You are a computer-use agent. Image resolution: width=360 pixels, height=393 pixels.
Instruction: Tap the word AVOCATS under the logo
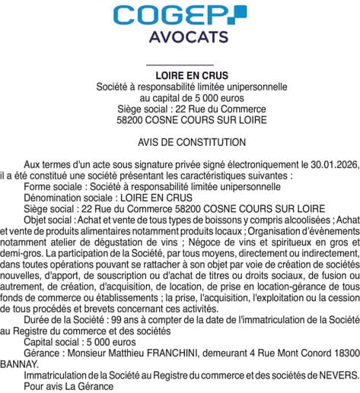point(180,37)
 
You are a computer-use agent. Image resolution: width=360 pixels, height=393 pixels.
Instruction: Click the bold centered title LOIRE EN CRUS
point(180,77)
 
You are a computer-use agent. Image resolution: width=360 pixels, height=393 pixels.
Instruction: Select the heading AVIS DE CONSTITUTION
point(180,142)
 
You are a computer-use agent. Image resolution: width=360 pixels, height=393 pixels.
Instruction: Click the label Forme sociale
point(53,185)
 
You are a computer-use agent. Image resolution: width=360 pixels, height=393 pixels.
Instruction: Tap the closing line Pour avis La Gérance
point(68,386)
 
